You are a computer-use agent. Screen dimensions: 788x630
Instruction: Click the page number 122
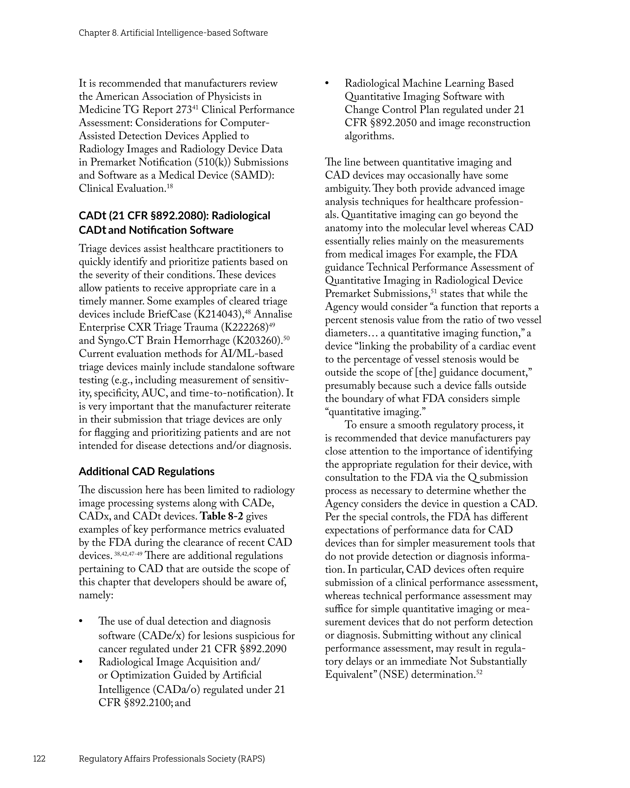coord(39,759)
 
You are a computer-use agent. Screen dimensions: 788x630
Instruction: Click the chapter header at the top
coord(173,33)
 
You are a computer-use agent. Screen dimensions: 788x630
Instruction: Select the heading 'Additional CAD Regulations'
coord(147,471)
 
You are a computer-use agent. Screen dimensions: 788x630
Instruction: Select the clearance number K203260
coord(257,341)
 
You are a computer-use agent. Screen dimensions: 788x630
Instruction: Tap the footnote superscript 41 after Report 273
coord(195,107)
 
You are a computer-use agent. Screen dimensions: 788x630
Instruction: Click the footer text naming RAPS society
coord(172,759)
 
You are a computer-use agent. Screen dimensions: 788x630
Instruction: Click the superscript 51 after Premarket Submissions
coord(434,291)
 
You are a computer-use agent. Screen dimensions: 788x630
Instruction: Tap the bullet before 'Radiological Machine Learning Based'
coord(327,84)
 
